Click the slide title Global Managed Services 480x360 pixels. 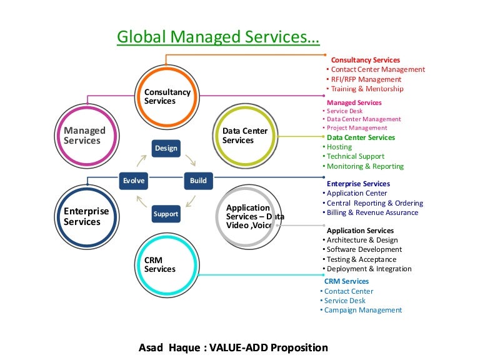(x=218, y=37)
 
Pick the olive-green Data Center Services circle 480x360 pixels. (x=245, y=136)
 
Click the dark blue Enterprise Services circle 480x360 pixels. (x=86, y=216)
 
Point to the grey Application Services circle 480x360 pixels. (x=248, y=216)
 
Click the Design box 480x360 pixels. (x=166, y=148)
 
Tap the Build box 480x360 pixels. (x=198, y=181)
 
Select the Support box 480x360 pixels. (x=166, y=214)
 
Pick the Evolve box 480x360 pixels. (x=134, y=181)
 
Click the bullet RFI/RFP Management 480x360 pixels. (x=366, y=79)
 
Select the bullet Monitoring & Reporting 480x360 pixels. (x=365, y=166)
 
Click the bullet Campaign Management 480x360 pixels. (x=363, y=310)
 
